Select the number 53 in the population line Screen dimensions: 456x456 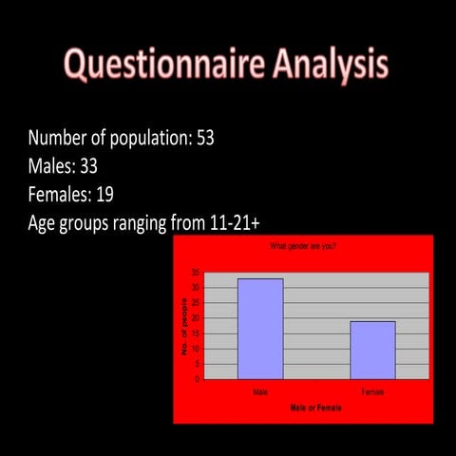(205, 138)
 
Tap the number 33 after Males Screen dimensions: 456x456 (87, 167)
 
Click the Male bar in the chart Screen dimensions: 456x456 (259, 329)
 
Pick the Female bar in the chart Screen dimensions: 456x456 (372, 351)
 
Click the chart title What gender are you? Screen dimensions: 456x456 (303, 246)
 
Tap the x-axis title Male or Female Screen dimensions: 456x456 (316, 407)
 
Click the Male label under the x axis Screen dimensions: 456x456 (259, 390)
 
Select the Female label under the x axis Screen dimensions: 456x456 (372, 390)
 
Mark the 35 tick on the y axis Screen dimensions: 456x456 (195, 273)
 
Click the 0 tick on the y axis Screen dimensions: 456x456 (197, 379)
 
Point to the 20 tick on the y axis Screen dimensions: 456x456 (195, 318)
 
